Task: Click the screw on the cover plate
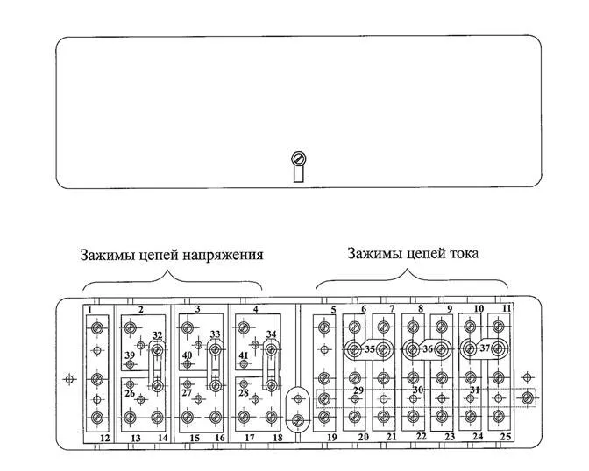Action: click(x=298, y=160)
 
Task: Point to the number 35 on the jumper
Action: click(x=369, y=349)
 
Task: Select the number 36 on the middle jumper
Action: click(x=428, y=348)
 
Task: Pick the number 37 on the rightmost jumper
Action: click(x=485, y=348)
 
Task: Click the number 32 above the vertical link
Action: click(x=157, y=335)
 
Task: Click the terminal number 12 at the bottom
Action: click(x=104, y=438)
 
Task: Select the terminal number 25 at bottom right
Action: click(x=505, y=436)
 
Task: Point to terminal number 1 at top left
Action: click(x=90, y=309)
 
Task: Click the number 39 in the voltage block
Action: click(x=129, y=355)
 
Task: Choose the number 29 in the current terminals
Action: click(x=358, y=390)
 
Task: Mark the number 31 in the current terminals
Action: click(x=474, y=390)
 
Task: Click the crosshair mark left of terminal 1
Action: click(x=72, y=380)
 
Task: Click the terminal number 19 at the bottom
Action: click(x=332, y=436)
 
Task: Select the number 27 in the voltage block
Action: click(x=186, y=393)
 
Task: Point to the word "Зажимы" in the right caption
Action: click(x=373, y=254)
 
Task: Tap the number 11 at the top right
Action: click(x=506, y=309)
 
